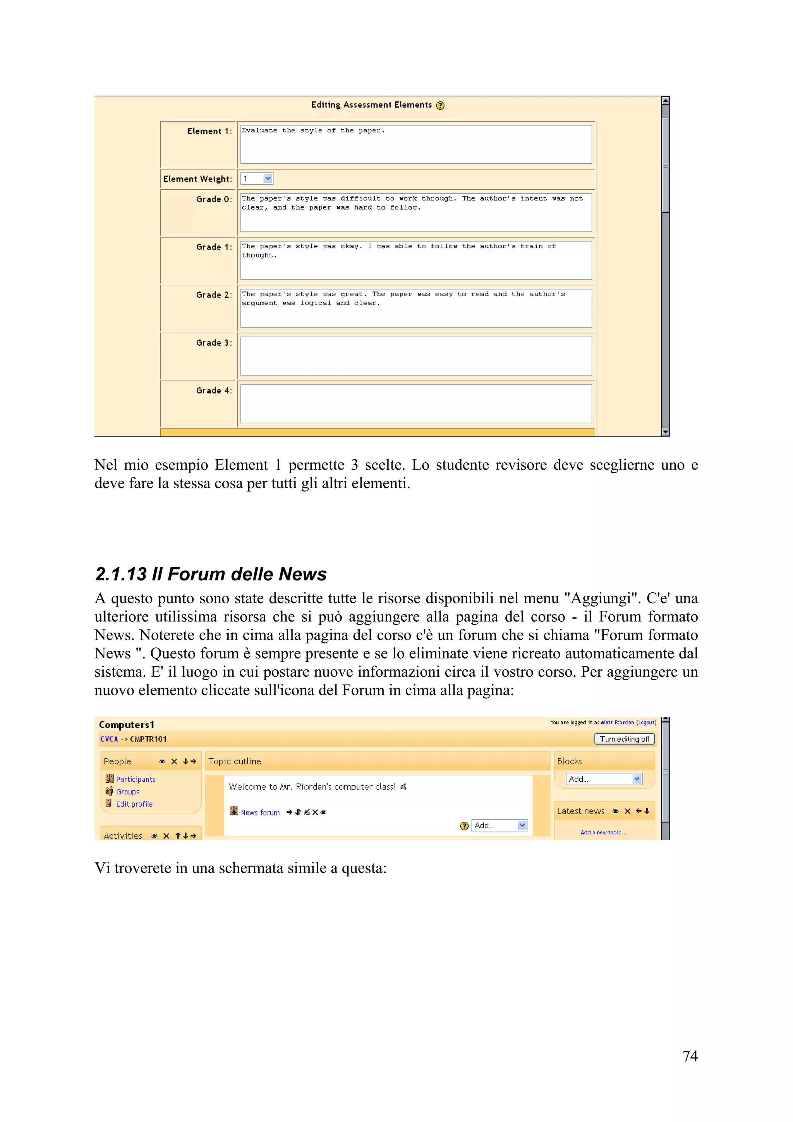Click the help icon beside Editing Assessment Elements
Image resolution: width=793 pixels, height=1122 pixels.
[440, 106]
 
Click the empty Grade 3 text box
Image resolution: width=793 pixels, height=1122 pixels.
[416, 356]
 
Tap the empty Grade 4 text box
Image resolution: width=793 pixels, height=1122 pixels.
[416, 404]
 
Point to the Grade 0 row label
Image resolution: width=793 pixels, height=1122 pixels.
[213, 199]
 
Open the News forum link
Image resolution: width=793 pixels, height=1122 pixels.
[260, 813]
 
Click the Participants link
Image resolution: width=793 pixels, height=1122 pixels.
[136, 779]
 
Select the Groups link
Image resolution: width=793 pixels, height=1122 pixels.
[127, 792]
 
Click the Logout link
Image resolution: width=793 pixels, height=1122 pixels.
[646, 722]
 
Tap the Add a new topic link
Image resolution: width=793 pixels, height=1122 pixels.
[603, 832]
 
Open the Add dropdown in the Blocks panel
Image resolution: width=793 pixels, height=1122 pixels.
[604, 779]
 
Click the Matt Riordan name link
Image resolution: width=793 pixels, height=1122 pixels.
[617, 722]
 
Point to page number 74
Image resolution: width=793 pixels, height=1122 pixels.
[690, 1056]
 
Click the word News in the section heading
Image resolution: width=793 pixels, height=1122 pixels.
[302, 574]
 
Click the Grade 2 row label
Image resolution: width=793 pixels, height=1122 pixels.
[213, 295]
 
